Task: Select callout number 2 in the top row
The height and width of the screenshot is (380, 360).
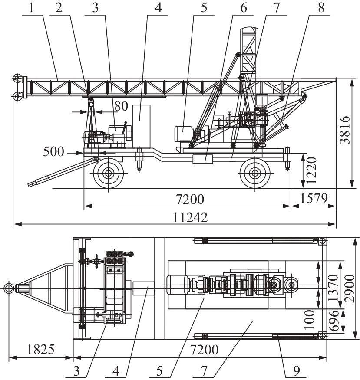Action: click(x=59, y=8)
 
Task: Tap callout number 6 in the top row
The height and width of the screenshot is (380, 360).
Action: click(x=243, y=8)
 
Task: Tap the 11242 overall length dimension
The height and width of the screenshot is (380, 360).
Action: click(x=190, y=218)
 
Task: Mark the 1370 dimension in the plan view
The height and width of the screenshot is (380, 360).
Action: click(x=334, y=286)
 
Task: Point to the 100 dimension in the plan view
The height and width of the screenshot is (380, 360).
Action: click(x=310, y=320)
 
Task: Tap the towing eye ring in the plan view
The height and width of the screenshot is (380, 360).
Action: click(x=9, y=288)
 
